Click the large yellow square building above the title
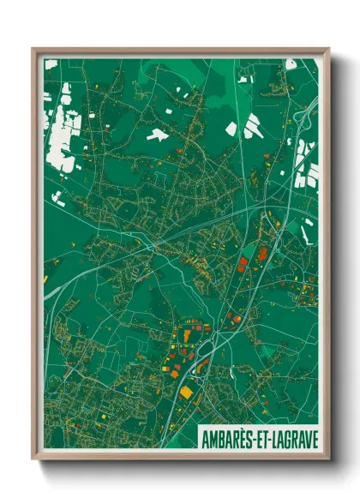[x=186, y=392]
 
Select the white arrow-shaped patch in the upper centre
[x=157, y=135]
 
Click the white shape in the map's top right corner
[x=291, y=63]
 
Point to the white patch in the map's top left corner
[x=51, y=64]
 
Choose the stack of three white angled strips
[x=252, y=125]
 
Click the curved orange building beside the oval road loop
[x=202, y=366]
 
